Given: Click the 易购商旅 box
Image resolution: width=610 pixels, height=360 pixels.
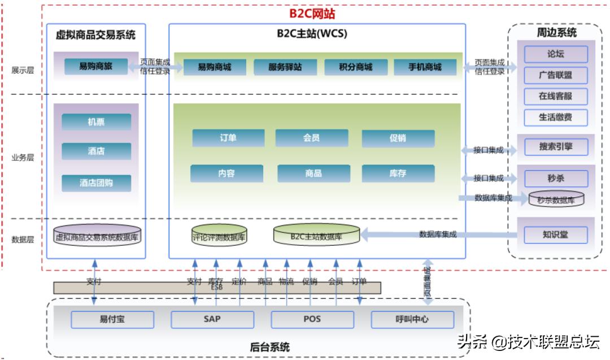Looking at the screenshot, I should (95, 66).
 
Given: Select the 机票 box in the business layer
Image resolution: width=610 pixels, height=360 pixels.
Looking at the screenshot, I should (96, 122).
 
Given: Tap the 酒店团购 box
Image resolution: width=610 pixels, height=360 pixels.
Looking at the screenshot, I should (96, 183).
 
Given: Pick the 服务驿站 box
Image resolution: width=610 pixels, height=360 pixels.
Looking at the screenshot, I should (285, 67).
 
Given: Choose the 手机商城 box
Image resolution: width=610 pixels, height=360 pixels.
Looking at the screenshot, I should (425, 67).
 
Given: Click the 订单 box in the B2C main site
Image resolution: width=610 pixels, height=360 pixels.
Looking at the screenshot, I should (228, 138).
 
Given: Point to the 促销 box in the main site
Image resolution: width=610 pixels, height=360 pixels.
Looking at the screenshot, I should (398, 138).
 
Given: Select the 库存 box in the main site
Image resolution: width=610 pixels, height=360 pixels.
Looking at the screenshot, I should (398, 174).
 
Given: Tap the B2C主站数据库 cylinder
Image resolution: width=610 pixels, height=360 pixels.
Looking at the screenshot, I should (316, 236).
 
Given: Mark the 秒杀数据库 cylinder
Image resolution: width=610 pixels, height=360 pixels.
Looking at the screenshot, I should (556, 199).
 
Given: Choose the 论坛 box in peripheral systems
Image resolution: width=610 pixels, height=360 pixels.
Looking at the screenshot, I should (556, 54).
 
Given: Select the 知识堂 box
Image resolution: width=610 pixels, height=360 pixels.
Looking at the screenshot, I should (556, 235).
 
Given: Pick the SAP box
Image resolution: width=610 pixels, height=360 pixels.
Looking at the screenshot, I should (212, 319).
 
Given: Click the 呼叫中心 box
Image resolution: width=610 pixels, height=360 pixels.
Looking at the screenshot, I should (412, 319).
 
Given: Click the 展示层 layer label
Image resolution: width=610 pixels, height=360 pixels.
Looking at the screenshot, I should (23, 71).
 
